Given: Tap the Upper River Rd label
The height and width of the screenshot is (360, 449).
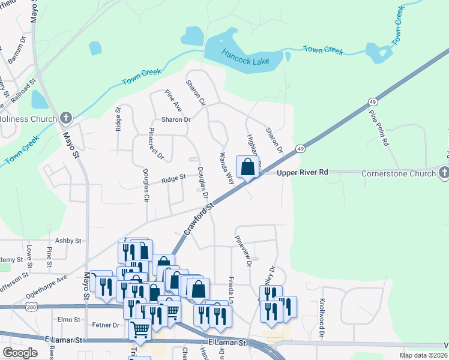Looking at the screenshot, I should (303, 173).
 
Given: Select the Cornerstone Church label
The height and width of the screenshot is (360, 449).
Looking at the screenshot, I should (399, 173).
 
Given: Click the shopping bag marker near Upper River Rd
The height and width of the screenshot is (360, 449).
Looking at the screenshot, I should (247, 167).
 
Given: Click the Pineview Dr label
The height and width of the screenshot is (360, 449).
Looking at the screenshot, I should (247, 251).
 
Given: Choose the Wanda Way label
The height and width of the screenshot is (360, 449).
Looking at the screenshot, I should (226, 168).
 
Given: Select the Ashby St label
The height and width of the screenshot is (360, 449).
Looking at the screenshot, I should (68, 241).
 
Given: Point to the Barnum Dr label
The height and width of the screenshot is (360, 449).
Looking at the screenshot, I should (17, 53).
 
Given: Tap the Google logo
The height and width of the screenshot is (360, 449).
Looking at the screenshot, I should (20, 353).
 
